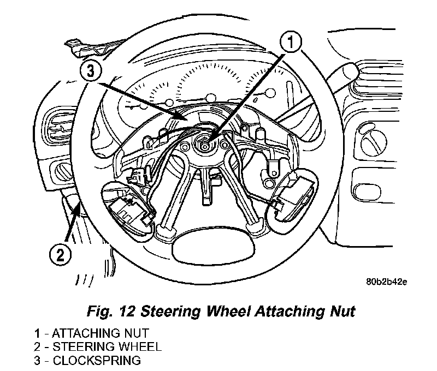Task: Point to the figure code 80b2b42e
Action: (387, 282)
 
